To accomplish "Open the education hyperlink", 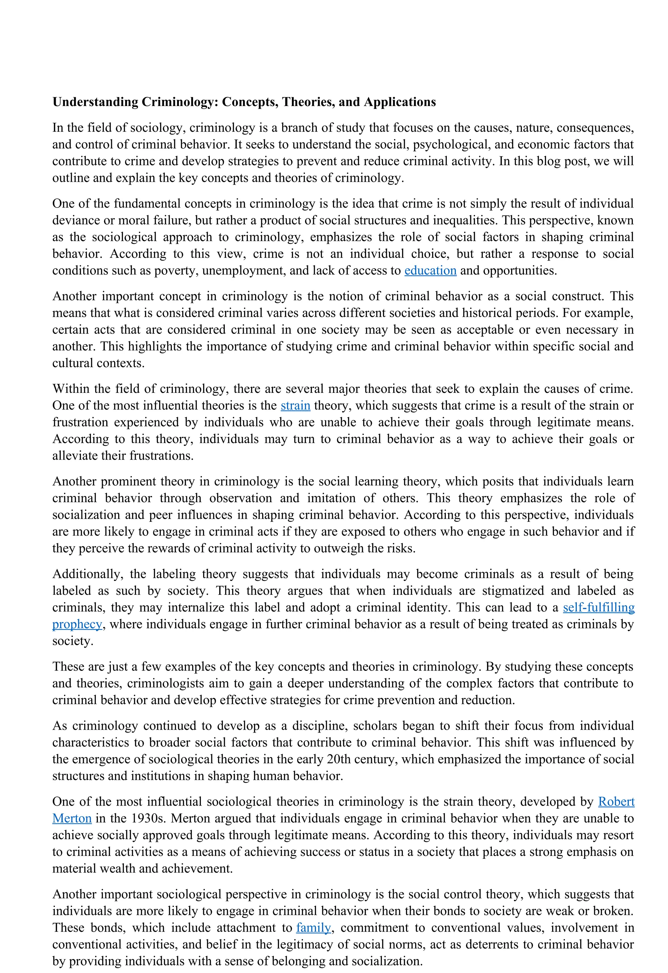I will pos(430,270).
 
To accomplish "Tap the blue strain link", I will pos(295,406).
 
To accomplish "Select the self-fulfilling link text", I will pos(598,608).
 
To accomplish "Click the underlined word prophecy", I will pos(77,624).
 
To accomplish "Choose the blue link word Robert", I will pos(616,802).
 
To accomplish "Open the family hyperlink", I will pos(313,928).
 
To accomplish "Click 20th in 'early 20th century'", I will pos(337,760).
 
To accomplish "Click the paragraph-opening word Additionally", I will pos(87,574).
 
